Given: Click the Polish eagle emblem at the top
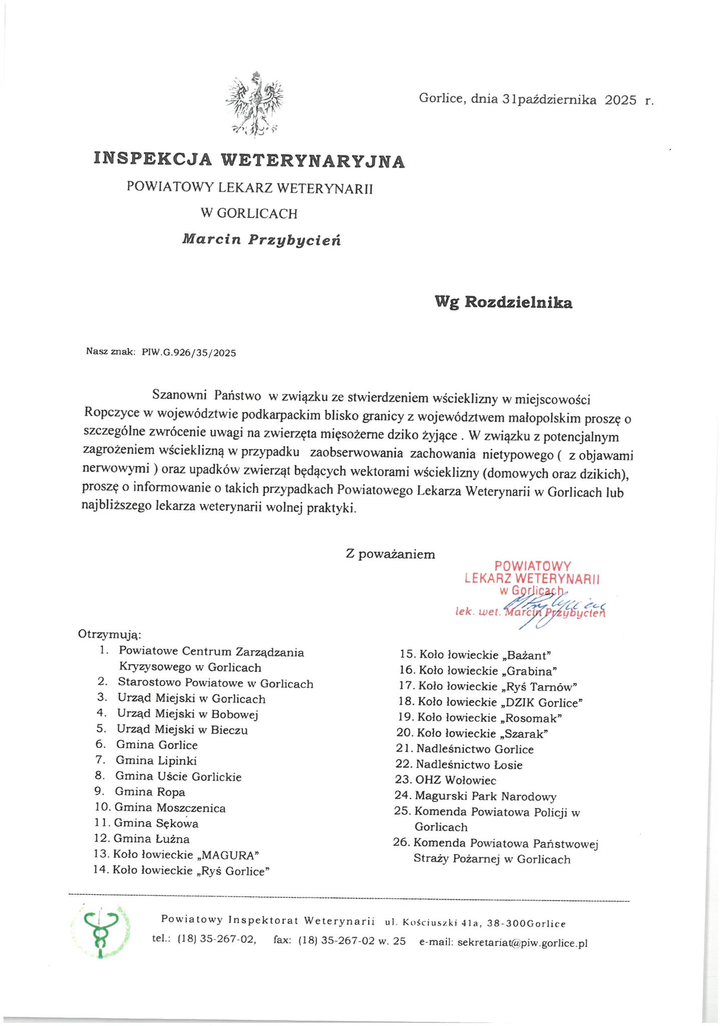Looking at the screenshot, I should (x=254, y=104).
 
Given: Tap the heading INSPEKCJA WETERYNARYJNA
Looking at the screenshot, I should (x=249, y=160).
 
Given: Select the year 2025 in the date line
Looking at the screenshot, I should (x=620, y=100).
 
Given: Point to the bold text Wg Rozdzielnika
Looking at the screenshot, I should (x=503, y=303).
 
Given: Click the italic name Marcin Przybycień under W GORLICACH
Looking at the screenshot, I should (x=262, y=239).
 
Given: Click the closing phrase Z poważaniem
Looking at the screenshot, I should (x=390, y=554).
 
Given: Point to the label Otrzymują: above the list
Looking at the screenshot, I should (x=110, y=635).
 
